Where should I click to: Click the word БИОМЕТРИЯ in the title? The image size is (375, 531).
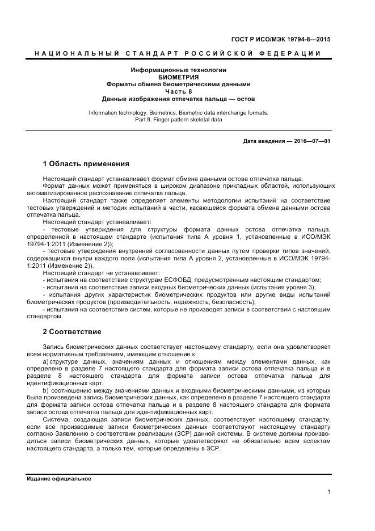[178, 77]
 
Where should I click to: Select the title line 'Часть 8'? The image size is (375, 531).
[178, 91]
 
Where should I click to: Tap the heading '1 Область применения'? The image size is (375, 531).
[86, 164]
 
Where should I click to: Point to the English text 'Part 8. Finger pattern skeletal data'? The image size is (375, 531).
[178, 120]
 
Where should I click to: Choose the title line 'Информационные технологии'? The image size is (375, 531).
[178, 70]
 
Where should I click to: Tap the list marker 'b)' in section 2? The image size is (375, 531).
[45, 390]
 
